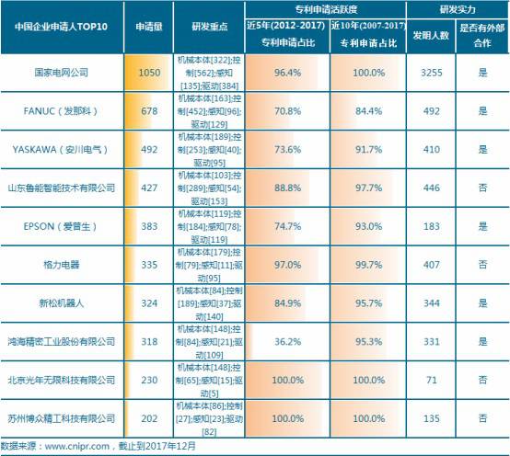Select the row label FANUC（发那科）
tap(62, 108)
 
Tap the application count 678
tap(149, 108)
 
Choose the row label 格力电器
tap(62, 264)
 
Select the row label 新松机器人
tap(62, 302)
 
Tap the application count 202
tap(149, 416)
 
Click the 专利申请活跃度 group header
tap(327, 7)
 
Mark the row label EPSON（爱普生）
tap(62, 225)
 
